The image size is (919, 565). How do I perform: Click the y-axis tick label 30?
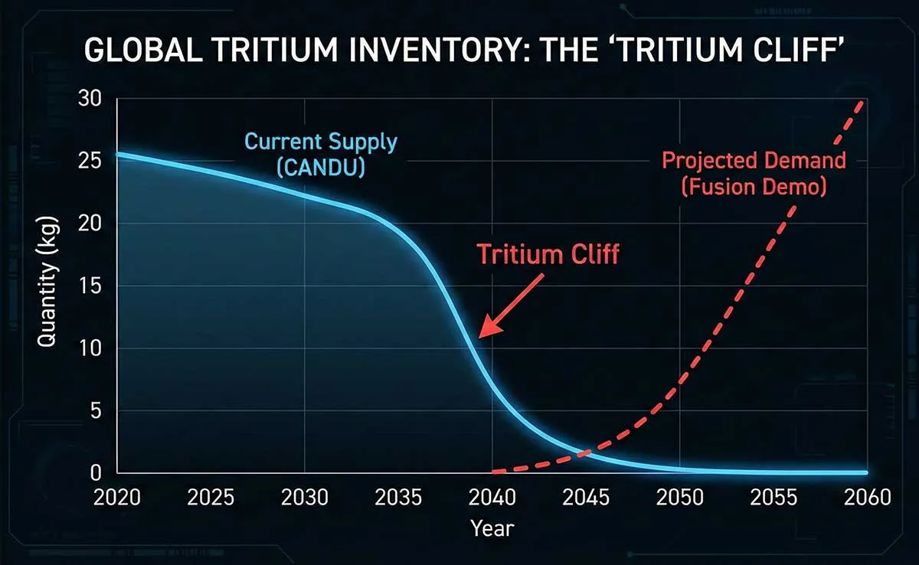90,99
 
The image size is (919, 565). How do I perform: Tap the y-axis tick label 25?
90,161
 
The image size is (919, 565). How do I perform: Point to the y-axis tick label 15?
90,286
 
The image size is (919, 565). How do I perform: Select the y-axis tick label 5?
96,410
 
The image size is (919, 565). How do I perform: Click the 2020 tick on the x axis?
117,498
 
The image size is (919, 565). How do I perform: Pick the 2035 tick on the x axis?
398,498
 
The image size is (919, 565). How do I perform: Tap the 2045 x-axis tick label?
586,498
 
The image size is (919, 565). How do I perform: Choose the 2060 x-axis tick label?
867,498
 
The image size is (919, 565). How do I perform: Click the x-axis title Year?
492,528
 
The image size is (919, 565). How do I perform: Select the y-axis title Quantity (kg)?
47,282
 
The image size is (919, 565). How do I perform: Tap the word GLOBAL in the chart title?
142,50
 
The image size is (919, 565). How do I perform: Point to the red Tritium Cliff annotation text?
548,254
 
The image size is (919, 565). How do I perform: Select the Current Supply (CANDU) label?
321,154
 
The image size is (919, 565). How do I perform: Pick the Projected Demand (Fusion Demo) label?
754,174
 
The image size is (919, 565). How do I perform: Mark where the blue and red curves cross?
584,453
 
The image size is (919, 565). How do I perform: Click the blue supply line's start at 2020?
118,154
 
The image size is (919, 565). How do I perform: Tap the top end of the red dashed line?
862,103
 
